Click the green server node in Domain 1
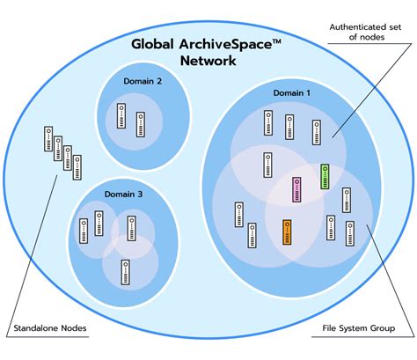(325, 176)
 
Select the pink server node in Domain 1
(297, 190)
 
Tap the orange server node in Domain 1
(288, 232)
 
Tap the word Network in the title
(208, 61)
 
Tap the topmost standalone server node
(48, 140)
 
